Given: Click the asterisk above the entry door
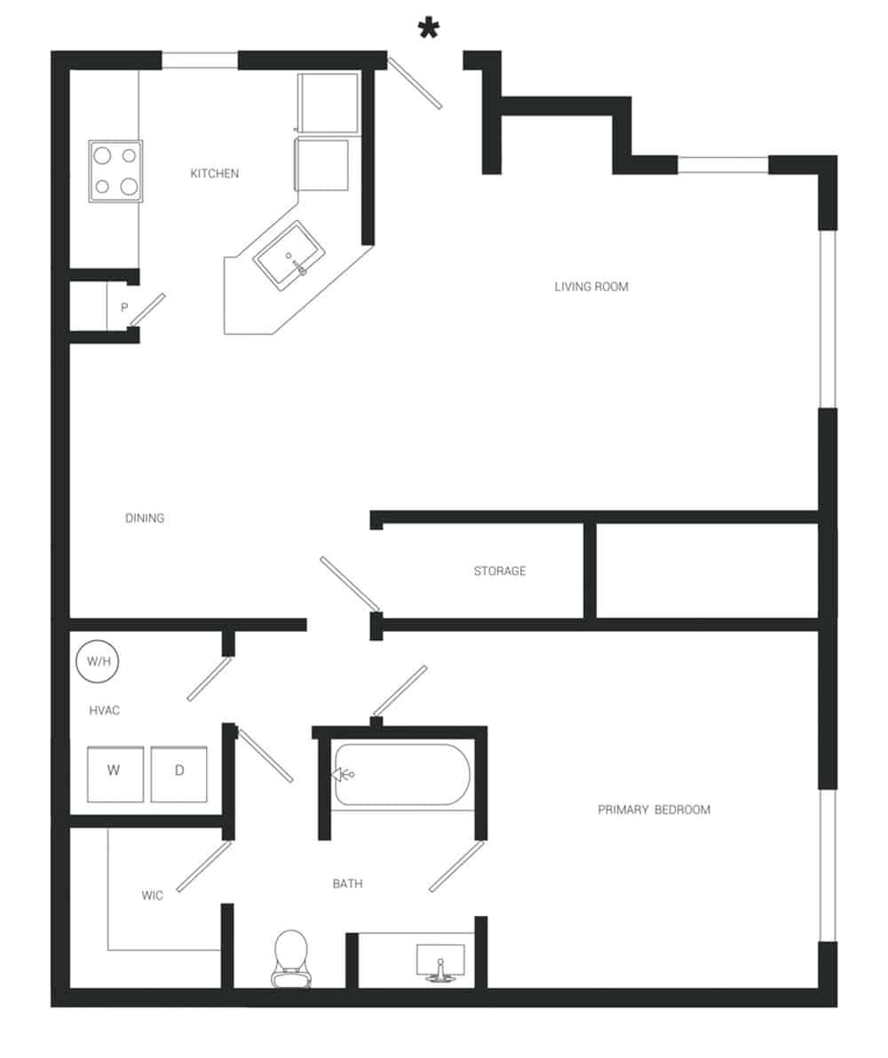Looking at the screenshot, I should [x=429, y=30].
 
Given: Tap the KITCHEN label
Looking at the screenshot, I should [x=214, y=174].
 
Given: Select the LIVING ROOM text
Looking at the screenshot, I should [x=591, y=287].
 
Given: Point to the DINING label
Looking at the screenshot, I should [x=145, y=518].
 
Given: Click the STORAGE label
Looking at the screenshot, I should [x=499, y=572].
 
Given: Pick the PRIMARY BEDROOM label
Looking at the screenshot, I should [x=654, y=809].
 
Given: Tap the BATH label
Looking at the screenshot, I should [x=347, y=884].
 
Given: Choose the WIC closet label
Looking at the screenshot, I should [x=152, y=896].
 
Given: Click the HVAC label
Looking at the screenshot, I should [x=104, y=711].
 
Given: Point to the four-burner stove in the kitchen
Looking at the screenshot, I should [x=115, y=171].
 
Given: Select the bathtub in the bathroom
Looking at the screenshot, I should [x=401, y=775].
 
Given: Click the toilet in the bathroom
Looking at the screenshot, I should [x=290, y=957].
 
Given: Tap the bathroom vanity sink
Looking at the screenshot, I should [x=440, y=963].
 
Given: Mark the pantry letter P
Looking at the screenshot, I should [x=124, y=308].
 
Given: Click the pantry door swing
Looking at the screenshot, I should [x=147, y=309].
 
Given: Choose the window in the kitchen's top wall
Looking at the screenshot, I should [x=199, y=60].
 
